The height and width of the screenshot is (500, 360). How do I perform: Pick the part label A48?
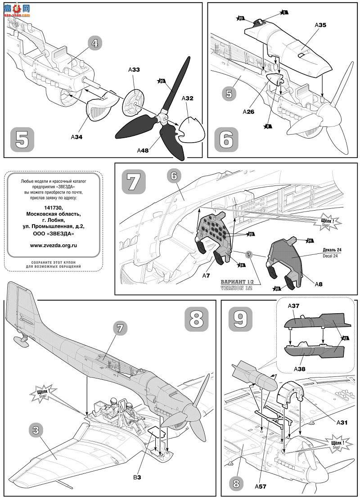pos(144,151)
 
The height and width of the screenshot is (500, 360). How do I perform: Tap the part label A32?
pos(188,98)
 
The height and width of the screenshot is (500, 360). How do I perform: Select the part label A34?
pos(78,136)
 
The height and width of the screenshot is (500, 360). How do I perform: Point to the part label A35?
pos(320,26)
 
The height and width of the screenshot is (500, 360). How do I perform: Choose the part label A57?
pos(261,486)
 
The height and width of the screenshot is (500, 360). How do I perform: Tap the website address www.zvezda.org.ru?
pos(54,246)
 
